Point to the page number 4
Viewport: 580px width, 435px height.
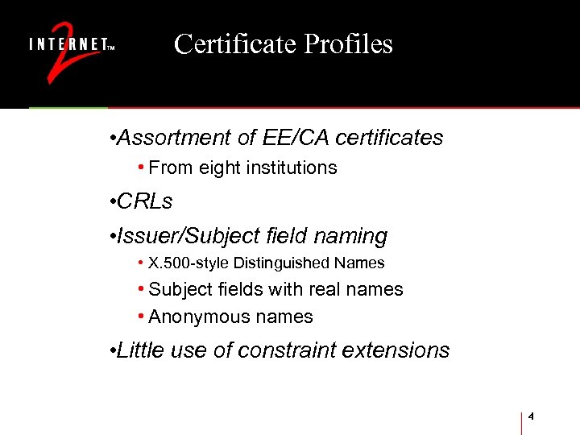tap(532, 416)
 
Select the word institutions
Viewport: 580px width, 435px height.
tap(293, 168)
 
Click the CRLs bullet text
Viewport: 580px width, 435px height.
tap(145, 201)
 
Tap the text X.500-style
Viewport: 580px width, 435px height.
tap(188, 263)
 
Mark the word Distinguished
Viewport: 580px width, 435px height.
tap(280, 263)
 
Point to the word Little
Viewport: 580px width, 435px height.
tap(139, 350)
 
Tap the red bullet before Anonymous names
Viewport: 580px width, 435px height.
tap(141, 317)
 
